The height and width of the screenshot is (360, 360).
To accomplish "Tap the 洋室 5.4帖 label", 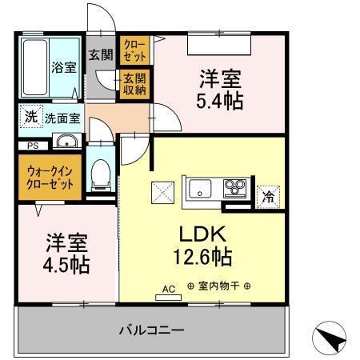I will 220,90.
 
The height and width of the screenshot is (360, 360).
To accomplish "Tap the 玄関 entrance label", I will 100,55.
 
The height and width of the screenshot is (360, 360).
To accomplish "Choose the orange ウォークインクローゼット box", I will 50,177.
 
